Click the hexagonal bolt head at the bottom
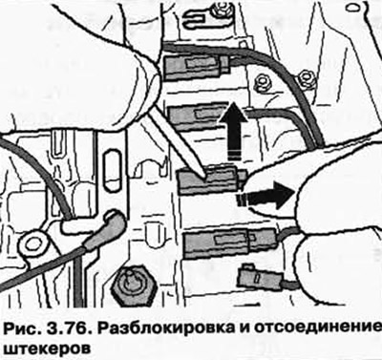click(x=135, y=284)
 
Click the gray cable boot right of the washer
click(x=104, y=227)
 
